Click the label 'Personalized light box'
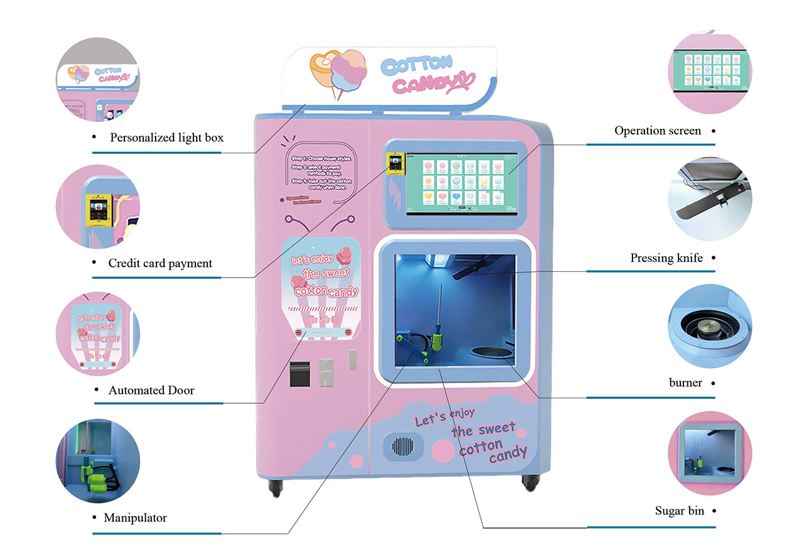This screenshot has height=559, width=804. click(x=166, y=138)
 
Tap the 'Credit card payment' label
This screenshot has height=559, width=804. click(x=160, y=263)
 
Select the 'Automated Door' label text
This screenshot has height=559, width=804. click(x=151, y=390)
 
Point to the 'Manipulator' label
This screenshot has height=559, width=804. click(x=135, y=518)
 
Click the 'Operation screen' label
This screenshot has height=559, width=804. click(x=658, y=131)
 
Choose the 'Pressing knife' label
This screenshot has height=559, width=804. click(x=666, y=258)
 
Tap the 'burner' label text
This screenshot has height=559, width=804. click(x=685, y=383)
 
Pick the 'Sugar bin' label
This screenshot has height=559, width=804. click(x=680, y=511)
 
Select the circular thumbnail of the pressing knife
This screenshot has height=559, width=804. click(x=710, y=199)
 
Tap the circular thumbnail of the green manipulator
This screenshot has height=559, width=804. click(x=97, y=461)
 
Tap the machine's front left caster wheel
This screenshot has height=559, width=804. click(x=275, y=487)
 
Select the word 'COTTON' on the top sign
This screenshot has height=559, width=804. click(x=416, y=64)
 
